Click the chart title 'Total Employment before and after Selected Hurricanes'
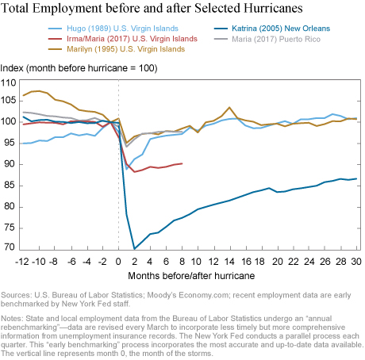152,8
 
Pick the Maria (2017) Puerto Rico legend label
276,39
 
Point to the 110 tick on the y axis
9,83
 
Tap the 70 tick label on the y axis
10,247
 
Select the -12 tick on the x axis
22,262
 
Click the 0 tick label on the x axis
118,262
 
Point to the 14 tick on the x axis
229,262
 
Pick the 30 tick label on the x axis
356,262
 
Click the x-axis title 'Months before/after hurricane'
191,276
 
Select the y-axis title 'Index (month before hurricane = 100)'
79,68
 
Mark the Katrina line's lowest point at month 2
135,249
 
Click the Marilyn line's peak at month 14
229,107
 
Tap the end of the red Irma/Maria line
182,163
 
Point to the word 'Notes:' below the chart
12,319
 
